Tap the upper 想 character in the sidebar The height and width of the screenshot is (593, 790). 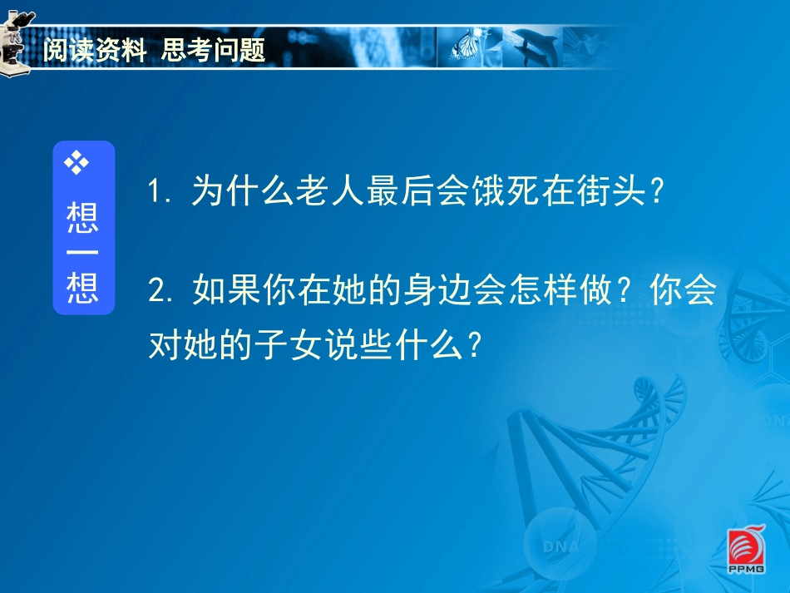[x=82, y=218]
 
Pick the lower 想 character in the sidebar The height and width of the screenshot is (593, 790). [x=82, y=289]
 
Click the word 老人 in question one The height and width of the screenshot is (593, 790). [x=330, y=192]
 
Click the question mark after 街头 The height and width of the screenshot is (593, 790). [x=656, y=192]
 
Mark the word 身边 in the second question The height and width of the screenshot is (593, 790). [x=436, y=291]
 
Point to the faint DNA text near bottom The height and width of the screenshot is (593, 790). [x=560, y=546]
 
